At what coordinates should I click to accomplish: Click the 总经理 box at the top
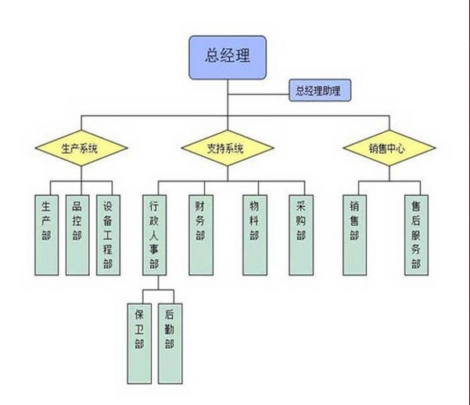pyautogui.click(x=228, y=56)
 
